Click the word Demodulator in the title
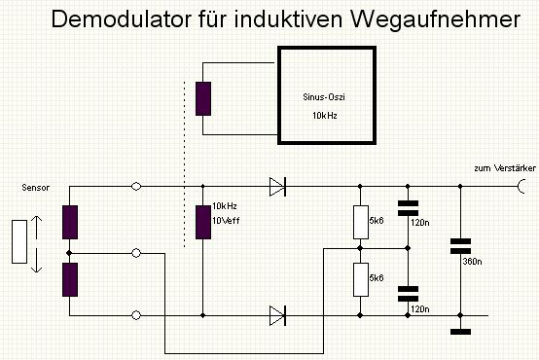(x=121, y=19)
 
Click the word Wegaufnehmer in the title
(x=435, y=20)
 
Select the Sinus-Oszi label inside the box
(x=324, y=97)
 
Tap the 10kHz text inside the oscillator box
(x=325, y=116)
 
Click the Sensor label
(x=35, y=188)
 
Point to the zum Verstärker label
(x=505, y=168)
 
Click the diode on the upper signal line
(x=277, y=187)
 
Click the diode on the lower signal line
(x=277, y=315)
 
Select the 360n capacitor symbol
(x=460, y=246)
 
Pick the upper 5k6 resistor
(x=361, y=222)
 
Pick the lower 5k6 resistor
(x=361, y=279)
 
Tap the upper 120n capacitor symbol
(x=408, y=208)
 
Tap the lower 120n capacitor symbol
(x=408, y=294)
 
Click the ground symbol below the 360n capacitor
(x=460, y=332)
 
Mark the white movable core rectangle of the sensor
(x=19, y=241)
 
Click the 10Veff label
(x=226, y=221)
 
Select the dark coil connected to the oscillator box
(x=203, y=98)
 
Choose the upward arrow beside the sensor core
(x=36, y=228)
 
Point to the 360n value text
(x=472, y=262)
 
